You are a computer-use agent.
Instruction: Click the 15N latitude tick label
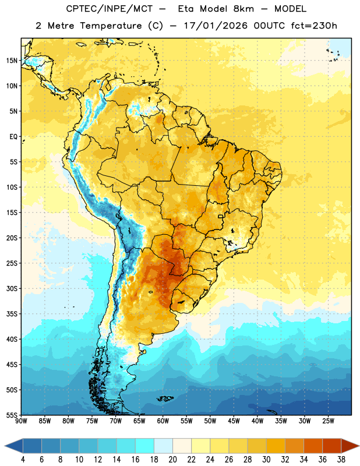[x=12, y=61]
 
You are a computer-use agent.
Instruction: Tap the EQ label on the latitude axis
[x=13, y=137]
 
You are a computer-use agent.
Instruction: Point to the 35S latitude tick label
[x=12, y=314]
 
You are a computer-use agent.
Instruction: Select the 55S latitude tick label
[x=12, y=415]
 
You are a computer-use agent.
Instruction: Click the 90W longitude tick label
[x=21, y=421]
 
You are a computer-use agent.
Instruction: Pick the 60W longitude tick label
[x=163, y=421]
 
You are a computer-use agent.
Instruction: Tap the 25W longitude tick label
[x=328, y=421]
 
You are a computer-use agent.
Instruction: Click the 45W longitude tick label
[x=234, y=421]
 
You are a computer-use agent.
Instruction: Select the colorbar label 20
[x=172, y=460]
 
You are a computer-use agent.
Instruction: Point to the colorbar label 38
[x=341, y=460]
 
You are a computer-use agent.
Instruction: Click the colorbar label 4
[x=23, y=460]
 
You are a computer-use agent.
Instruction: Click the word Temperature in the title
[x=111, y=26]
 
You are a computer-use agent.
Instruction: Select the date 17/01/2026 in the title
[x=216, y=26]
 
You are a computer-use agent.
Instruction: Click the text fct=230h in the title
[x=314, y=26]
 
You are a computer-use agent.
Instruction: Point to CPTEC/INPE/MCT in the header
[x=109, y=9]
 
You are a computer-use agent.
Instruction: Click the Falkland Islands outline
[x=165, y=398]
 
